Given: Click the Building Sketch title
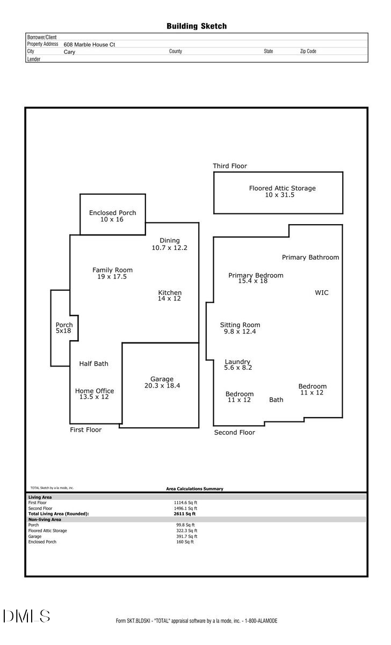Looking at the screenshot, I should (x=196, y=26).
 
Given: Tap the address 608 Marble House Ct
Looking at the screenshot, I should (x=89, y=45).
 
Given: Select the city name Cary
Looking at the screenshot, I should (x=69, y=53).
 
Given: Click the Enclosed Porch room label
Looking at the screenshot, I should (x=112, y=213).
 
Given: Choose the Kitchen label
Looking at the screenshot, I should (x=170, y=292).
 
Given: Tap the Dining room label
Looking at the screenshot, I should (x=170, y=240).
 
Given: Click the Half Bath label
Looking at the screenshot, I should (x=93, y=364).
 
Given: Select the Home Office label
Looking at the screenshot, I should (x=95, y=391).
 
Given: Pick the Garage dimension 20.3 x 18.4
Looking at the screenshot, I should (x=162, y=386).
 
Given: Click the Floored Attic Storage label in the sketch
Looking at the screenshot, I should (x=282, y=188).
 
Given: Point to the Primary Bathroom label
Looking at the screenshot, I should (x=310, y=257).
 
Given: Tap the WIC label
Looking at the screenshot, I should (x=321, y=293).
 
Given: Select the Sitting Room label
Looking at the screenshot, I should (x=240, y=325).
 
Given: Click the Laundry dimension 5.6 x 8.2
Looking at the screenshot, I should (x=238, y=368).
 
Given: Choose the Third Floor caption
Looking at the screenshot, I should (x=230, y=166).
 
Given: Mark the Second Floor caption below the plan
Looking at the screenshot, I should (x=234, y=432).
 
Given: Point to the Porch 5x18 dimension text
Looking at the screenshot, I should (x=64, y=332).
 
